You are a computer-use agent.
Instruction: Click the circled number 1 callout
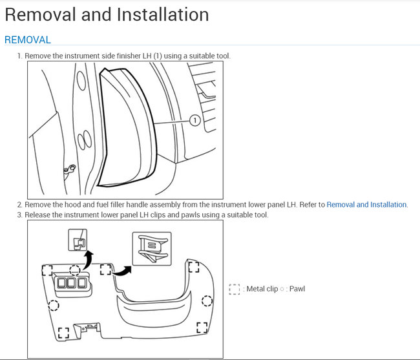point(194,120)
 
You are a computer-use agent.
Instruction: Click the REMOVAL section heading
point(27,40)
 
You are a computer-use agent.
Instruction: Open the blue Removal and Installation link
point(366,204)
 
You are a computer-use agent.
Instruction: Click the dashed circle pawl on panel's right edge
point(207,301)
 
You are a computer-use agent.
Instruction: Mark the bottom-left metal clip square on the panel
point(63,333)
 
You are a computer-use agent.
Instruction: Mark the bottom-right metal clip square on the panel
point(202,328)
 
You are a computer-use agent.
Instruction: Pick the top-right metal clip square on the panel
point(192,265)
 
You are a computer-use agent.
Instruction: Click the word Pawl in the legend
point(297,289)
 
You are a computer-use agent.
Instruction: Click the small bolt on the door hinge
point(70,169)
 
